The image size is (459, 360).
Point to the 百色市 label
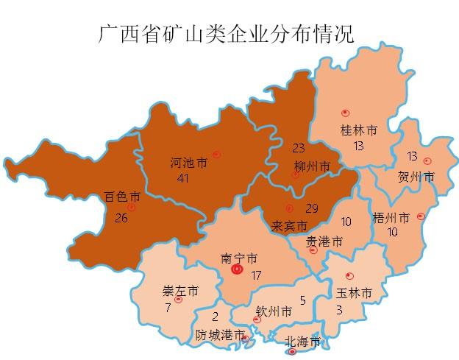(122, 198)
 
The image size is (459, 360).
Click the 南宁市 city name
(239, 258)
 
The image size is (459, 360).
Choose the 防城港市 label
(220, 335)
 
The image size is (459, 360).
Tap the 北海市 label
(302, 342)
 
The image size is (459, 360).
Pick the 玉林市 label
(354, 293)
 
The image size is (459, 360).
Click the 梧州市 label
(391, 219)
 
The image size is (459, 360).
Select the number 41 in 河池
(185, 178)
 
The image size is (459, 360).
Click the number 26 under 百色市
(121, 217)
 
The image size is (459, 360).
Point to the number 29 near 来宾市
(311, 208)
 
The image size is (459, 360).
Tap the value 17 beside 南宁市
(256, 275)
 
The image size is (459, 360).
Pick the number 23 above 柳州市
(299, 147)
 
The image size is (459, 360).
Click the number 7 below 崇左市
(168, 308)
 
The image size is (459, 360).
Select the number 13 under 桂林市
(358, 146)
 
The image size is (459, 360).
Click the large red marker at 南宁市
(237, 270)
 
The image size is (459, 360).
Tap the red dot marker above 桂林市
(344, 113)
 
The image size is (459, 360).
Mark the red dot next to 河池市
(216, 154)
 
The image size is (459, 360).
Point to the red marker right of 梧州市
(420, 216)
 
